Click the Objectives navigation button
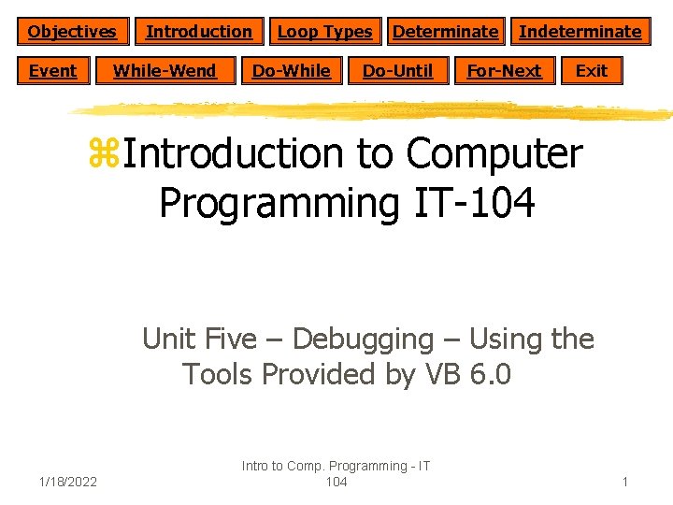72,32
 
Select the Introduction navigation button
199,32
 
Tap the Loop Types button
324,32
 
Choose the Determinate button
445,32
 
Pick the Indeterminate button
580,32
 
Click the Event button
53,71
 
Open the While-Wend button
165,71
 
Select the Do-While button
292,71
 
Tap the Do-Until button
397,71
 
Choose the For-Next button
504,71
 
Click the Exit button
592,71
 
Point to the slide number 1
625,482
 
